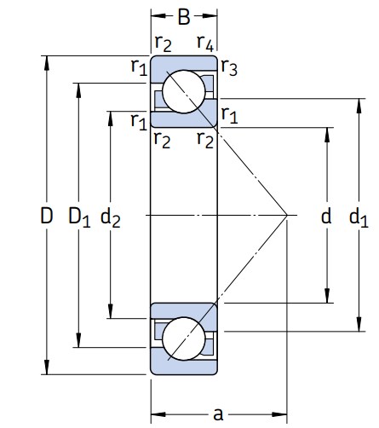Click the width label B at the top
(x=184, y=17)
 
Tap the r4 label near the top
(x=205, y=43)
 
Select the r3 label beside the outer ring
(x=229, y=67)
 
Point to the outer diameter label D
(x=47, y=216)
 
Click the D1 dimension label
(x=79, y=217)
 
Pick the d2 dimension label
(x=111, y=217)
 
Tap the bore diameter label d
(x=326, y=216)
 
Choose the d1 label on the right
(x=359, y=217)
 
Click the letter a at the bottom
(x=218, y=414)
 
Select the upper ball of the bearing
(x=184, y=91)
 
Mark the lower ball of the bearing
(x=184, y=338)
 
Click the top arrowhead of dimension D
(x=47, y=63)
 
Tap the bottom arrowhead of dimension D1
(x=78, y=340)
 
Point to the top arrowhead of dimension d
(x=327, y=135)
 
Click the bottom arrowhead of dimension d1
(x=359, y=324)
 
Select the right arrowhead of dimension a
(x=279, y=414)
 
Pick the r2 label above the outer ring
(x=164, y=43)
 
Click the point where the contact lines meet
(x=287, y=215)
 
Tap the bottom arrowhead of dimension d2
(x=111, y=311)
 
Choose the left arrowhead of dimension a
(x=158, y=414)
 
